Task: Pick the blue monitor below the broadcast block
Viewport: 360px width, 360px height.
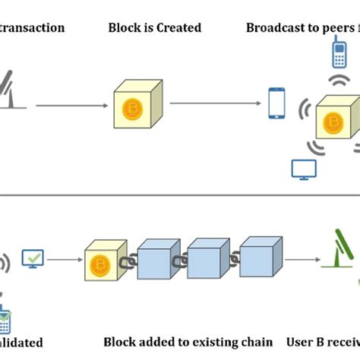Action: click(x=303, y=169)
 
